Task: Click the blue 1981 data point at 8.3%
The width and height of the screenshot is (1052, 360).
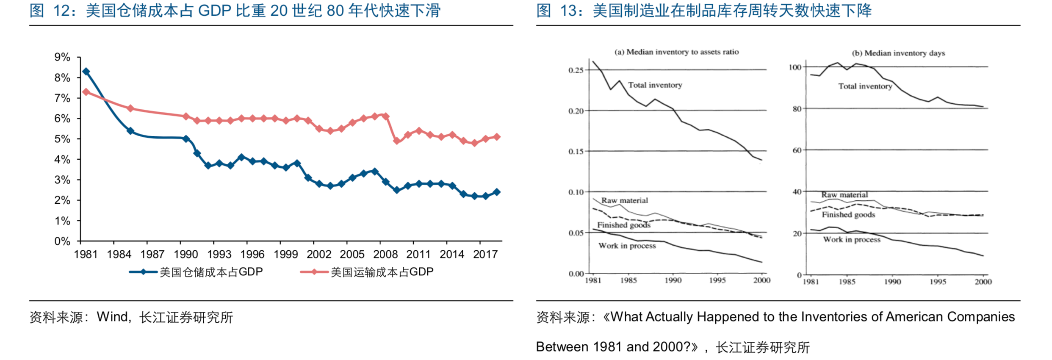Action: [x=86, y=72]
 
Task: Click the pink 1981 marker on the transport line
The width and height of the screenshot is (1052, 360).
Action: [x=86, y=92]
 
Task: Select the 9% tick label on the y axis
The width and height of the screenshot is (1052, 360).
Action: [x=62, y=57]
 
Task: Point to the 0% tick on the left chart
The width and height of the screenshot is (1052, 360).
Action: [x=62, y=241]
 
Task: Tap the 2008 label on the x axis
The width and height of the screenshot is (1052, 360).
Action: [x=385, y=255]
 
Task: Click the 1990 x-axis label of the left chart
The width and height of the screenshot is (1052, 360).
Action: [x=185, y=255]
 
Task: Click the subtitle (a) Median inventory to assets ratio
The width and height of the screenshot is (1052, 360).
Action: [x=676, y=52]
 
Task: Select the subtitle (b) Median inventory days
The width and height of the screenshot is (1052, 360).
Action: [x=898, y=53]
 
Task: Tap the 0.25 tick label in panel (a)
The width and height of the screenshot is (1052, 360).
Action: [x=576, y=70]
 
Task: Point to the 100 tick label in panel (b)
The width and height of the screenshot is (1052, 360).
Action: [x=795, y=67]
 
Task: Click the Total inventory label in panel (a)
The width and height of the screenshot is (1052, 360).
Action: [x=655, y=85]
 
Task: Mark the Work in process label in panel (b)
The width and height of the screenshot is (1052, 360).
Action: [x=851, y=240]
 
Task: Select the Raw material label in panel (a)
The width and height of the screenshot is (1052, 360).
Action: [x=624, y=201]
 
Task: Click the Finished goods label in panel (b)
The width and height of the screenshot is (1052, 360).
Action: [x=848, y=215]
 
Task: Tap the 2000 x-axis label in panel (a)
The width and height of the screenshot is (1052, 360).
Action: [x=761, y=280]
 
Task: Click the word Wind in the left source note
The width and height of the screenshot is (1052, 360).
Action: [x=113, y=317]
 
